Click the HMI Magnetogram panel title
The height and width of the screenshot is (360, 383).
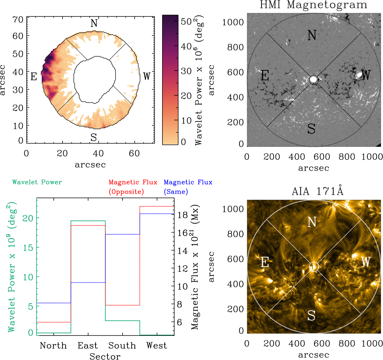(x=313, y=5)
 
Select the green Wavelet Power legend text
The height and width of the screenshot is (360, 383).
(x=37, y=182)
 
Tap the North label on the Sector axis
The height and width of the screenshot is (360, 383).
(x=53, y=346)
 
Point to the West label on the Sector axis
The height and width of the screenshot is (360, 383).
(x=156, y=346)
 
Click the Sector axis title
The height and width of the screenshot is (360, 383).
(x=105, y=356)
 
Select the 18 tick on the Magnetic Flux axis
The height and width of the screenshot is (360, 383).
(x=183, y=215)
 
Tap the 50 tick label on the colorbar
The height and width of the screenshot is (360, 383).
(x=186, y=22)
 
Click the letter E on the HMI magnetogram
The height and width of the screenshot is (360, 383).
(x=265, y=76)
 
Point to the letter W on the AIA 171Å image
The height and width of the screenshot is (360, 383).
(x=366, y=262)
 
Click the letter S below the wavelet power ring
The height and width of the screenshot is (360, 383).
(x=94, y=137)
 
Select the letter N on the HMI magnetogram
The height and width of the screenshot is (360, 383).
(x=312, y=35)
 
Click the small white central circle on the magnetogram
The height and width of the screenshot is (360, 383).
(x=313, y=79)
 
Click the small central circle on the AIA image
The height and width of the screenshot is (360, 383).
(x=314, y=267)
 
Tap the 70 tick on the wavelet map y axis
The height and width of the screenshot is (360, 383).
(x=18, y=20)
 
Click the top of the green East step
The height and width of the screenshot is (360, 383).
(x=88, y=221)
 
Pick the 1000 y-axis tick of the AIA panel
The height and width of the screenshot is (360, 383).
(x=233, y=209)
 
